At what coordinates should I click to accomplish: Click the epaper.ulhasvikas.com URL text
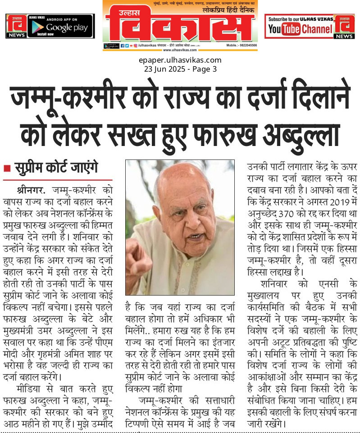tap(180, 60)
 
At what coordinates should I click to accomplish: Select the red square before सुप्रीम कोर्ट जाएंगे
tap(7, 169)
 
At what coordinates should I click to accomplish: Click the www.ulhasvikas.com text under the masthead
tap(180, 50)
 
